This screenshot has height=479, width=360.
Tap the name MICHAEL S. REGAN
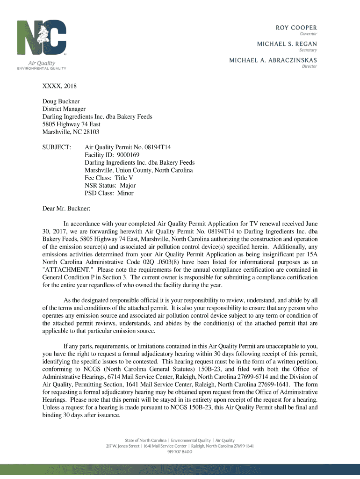287,43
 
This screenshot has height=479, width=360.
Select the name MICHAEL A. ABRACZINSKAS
273,60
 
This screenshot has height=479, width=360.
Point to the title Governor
308,33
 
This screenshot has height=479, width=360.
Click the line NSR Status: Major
110,185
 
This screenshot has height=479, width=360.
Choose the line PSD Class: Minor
109,193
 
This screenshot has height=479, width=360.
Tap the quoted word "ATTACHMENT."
70,269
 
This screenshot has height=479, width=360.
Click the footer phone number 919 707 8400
180,452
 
